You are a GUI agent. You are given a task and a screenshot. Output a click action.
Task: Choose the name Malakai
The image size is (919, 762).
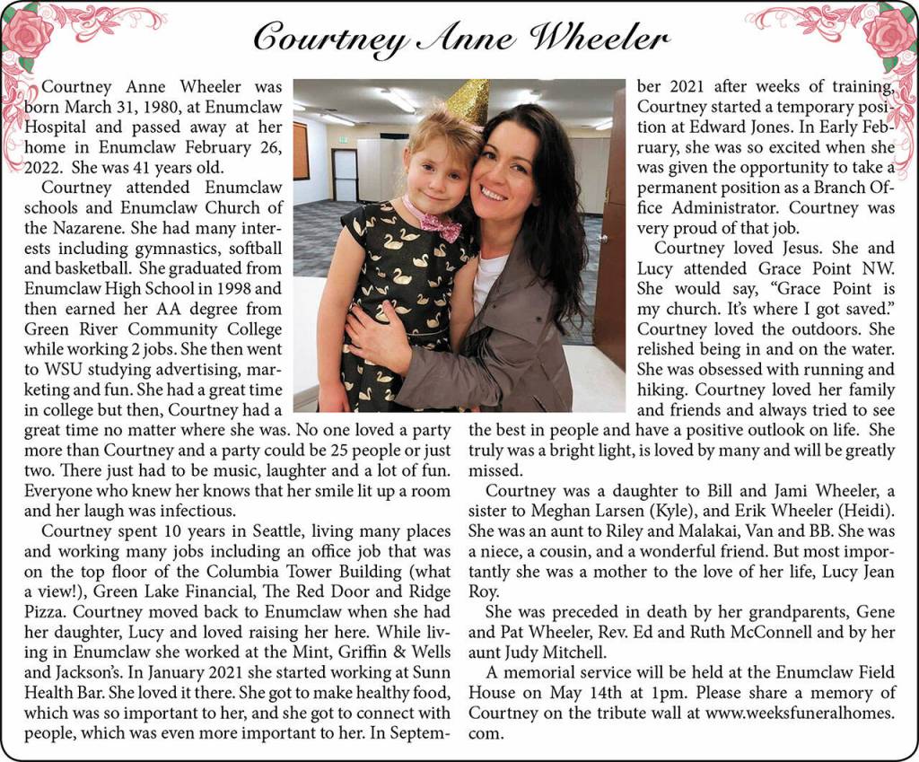(x=696, y=532)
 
